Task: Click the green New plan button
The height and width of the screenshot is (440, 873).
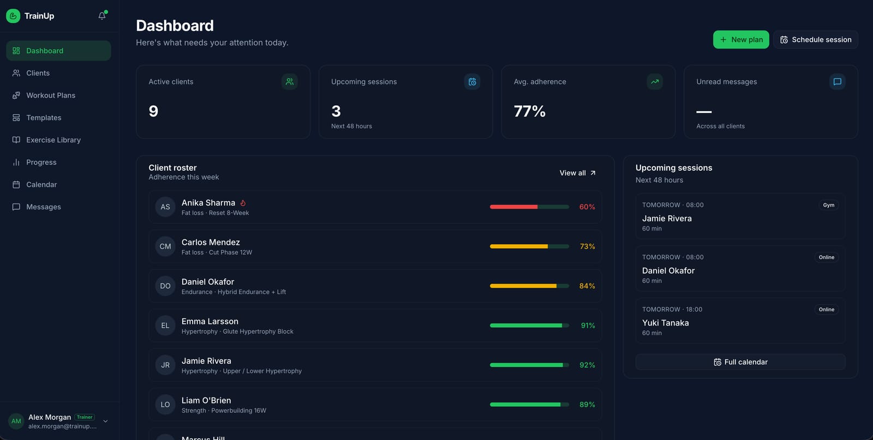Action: pyautogui.click(x=741, y=39)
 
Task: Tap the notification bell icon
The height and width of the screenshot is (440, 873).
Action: pyautogui.click(x=101, y=16)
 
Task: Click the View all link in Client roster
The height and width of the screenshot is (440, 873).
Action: pyautogui.click(x=578, y=172)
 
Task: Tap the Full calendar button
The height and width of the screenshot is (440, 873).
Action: pyautogui.click(x=740, y=361)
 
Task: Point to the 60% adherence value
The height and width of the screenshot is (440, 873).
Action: pyautogui.click(x=587, y=207)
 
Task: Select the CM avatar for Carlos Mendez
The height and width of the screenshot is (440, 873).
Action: pyautogui.click(x=165, y=246)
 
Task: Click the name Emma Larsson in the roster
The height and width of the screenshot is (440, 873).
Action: pyautogui.click(x=210, y=321)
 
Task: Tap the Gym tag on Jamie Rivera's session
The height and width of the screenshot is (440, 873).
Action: pyautogui.click(x=829, y=205)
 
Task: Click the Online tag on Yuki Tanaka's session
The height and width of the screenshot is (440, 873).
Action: pyautogui.click(x=826, y=309)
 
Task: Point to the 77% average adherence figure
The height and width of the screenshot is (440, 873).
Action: pyautogui.click(x=529, y=111)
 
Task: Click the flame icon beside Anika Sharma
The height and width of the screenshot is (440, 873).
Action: pyautogui.click(x=243, y=203)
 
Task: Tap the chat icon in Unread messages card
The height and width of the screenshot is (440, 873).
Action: pyautogui.click(x=837, y=81)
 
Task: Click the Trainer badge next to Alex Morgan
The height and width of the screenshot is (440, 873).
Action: pyautogui.click(x=85, y=417)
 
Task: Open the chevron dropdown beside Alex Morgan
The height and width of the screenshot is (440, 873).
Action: pyautogui.click(x=105, y=421)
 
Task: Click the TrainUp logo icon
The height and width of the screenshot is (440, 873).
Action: pyautogui.click(x=13, y=16)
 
